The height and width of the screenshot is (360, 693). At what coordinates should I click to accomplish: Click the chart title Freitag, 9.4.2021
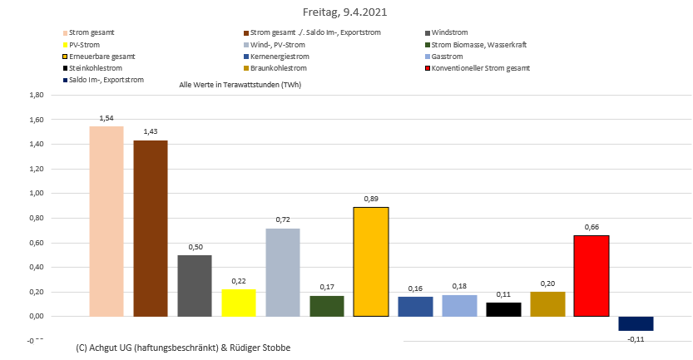[x=345, y=13]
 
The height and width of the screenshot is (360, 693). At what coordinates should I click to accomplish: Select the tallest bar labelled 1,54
[x=106, y=221]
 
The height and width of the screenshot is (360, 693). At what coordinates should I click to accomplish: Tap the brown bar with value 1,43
[x=151, y=229]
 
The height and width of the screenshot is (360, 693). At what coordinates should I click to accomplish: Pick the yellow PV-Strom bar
[x=239, y=303]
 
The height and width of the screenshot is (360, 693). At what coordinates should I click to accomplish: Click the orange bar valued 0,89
[x=371, y=262]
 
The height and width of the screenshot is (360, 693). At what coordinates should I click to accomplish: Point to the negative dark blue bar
[x=636, y=323]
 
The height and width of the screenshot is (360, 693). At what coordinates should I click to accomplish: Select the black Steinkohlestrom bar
[x=503, y=309]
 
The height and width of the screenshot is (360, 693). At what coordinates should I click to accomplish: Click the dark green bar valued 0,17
[x=327, y=306]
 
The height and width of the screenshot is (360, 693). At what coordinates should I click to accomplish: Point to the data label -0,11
[x=636, y=339]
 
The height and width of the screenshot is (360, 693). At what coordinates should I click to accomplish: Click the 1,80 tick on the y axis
[x=36, y=96]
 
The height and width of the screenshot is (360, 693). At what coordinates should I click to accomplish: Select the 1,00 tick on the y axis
[x=36, y=194]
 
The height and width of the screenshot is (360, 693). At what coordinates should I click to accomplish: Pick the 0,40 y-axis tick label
[x=36, y=267]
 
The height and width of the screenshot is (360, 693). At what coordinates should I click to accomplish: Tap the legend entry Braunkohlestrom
[x=278, y=68]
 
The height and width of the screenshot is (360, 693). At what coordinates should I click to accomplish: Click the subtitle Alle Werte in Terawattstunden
[x=240, y=86]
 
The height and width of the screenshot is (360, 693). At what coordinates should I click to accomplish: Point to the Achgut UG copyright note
[x=183, y=347]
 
